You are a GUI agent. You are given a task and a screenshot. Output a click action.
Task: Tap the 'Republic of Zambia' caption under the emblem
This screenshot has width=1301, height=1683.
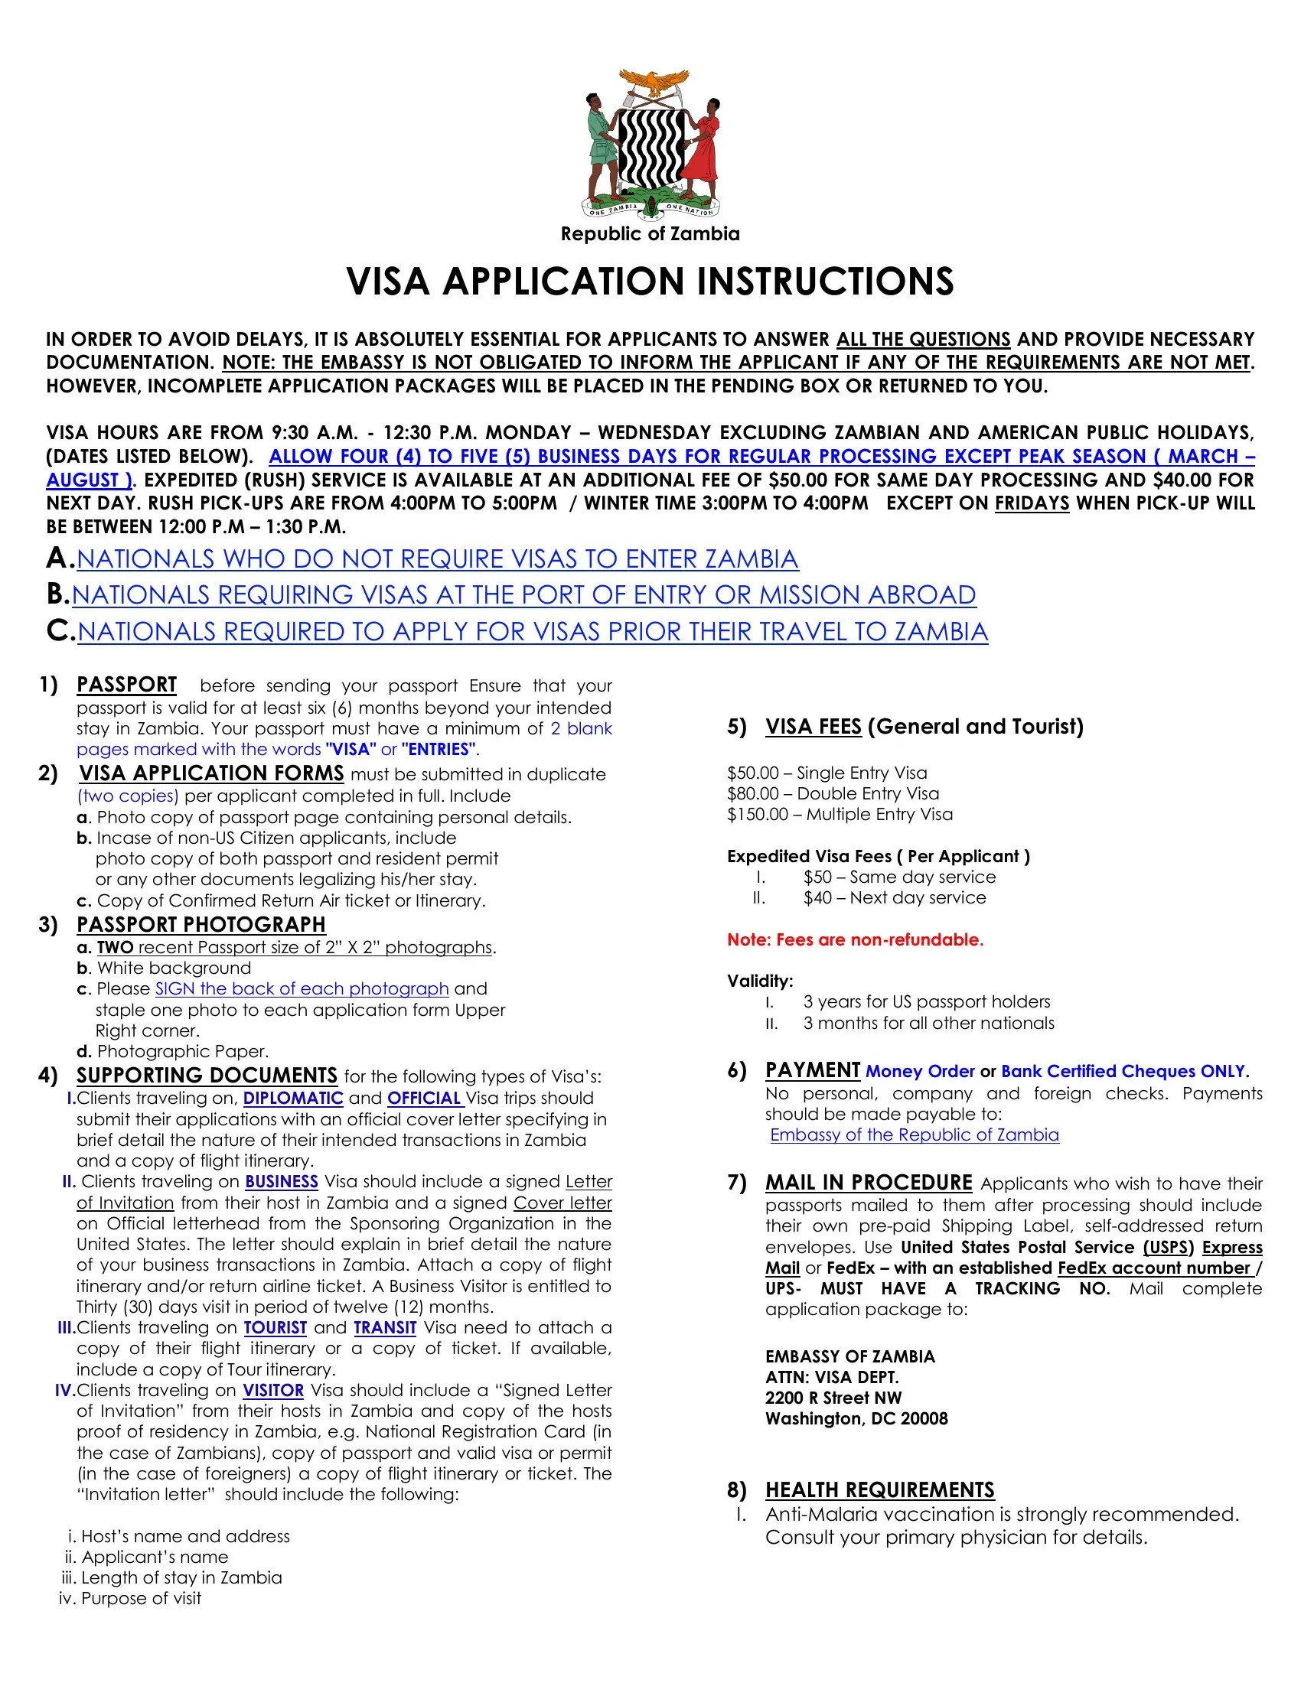650,234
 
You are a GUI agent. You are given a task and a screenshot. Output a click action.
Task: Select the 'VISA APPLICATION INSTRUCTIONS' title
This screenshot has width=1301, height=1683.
650,282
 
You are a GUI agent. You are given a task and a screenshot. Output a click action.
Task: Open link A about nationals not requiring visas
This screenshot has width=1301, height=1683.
437,558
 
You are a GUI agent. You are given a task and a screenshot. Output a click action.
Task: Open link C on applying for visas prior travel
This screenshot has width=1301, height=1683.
532,632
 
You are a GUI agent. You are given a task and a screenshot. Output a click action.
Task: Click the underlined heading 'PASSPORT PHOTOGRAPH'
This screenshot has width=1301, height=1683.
201,925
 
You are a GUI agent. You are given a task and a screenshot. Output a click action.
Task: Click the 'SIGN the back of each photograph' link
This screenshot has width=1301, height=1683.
302,988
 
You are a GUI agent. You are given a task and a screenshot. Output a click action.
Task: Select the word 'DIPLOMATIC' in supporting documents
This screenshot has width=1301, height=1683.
293,1098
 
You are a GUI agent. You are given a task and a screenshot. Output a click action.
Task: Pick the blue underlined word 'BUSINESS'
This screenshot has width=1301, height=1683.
282,1182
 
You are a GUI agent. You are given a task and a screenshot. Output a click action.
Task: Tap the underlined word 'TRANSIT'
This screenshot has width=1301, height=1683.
385,1328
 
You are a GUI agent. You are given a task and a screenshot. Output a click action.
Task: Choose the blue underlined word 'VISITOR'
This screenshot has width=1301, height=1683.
273,1390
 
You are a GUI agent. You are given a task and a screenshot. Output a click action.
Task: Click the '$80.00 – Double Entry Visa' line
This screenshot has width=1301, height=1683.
833,794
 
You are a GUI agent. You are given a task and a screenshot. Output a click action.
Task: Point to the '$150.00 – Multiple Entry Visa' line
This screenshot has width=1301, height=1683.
840,815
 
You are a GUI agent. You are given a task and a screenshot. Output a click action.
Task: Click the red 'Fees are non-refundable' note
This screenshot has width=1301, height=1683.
856,940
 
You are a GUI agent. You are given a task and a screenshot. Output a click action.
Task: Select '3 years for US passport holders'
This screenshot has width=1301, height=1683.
926,1002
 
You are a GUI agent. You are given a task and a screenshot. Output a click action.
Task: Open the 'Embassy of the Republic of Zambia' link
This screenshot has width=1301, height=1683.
914,1135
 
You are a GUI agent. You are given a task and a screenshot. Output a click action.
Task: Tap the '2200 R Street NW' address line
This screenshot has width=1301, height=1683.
833,1398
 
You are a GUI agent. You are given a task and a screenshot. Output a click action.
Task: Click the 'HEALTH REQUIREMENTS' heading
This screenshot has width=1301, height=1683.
879,1489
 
